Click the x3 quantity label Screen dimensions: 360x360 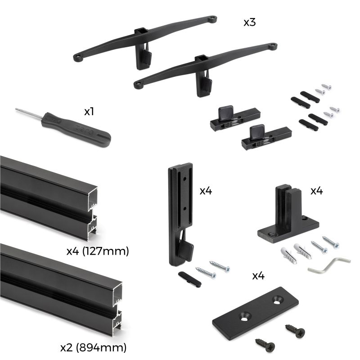pyautogui.click(x=249, y=22)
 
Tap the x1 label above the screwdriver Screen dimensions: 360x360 pyautogui.click(x=89, y=112)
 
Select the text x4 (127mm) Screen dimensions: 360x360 pyautogui.click(x=97, y=251)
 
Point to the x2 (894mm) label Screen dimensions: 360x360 pyautogui.click(x=93, y=347)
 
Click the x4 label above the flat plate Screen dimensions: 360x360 pyautogui.click(x=258, y=276)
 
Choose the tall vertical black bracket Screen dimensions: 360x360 pyautogui.click(x=180, y=211)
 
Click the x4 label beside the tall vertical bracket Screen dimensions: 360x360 pyautogui.click(x=206, y=191)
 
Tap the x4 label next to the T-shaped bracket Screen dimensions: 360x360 pyautogui.click(x=316, y=191)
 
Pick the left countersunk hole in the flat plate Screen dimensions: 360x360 pyautogui.click(x=243, y=319)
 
